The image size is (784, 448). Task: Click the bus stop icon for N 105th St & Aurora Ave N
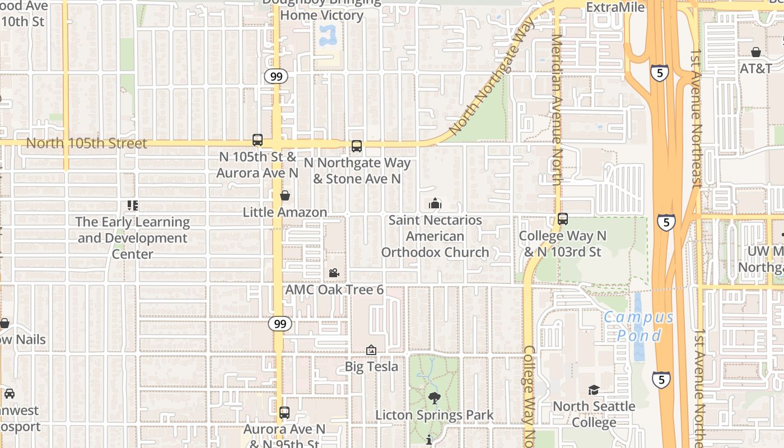click(258, 140)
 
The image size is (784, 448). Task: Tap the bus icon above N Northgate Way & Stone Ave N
click(357, 147)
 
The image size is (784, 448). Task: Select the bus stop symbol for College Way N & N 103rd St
click(563, 219)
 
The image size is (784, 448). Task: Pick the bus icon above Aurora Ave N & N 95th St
click(284, 413)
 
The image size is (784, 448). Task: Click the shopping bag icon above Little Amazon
click(285, 195)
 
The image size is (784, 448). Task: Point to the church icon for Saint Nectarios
click(435, 203)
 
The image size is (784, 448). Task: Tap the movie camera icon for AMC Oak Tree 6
click(334, 273)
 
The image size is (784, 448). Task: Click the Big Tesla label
click(371, 367)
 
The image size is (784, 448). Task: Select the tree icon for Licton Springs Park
click(434, 398)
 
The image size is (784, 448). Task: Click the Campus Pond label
click(638, 326)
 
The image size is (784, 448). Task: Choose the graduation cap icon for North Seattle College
click(594, 390)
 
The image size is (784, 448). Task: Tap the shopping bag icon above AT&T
click(756, 52)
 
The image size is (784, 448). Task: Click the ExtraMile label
click(615, 7)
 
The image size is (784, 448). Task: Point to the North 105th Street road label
click(87, 143)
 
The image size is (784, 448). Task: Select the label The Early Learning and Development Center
click(133, 238)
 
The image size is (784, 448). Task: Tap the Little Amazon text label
click(285, 212)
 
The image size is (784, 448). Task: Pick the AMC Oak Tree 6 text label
click(334, 290)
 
